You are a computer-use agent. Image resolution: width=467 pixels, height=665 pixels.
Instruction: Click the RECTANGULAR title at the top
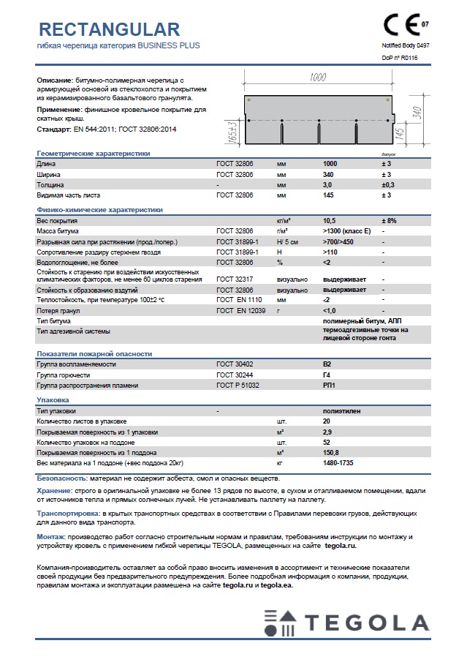coord(108,29)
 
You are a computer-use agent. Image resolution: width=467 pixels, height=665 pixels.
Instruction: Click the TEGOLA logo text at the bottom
coord(368,623)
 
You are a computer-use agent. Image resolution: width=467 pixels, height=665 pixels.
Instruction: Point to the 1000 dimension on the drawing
coord(318,78)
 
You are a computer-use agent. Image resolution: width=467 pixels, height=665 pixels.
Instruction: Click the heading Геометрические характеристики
coord(94,154)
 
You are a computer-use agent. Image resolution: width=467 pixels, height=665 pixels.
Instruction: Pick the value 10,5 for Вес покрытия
coord(329,220)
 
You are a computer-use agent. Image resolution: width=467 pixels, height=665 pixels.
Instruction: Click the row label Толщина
coord(50,185)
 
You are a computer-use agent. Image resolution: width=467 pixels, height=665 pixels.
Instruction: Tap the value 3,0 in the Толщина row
coord(328,185)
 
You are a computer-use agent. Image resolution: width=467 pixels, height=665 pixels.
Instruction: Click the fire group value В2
coord(327,364)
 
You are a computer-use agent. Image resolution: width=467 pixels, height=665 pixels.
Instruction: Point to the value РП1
coord(328,385)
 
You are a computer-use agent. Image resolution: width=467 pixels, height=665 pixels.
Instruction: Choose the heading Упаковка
coord(53,400)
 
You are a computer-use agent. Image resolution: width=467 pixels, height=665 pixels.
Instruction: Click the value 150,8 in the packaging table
coord(331,453)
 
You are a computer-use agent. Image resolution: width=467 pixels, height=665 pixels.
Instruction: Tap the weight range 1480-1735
coord(338,463)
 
